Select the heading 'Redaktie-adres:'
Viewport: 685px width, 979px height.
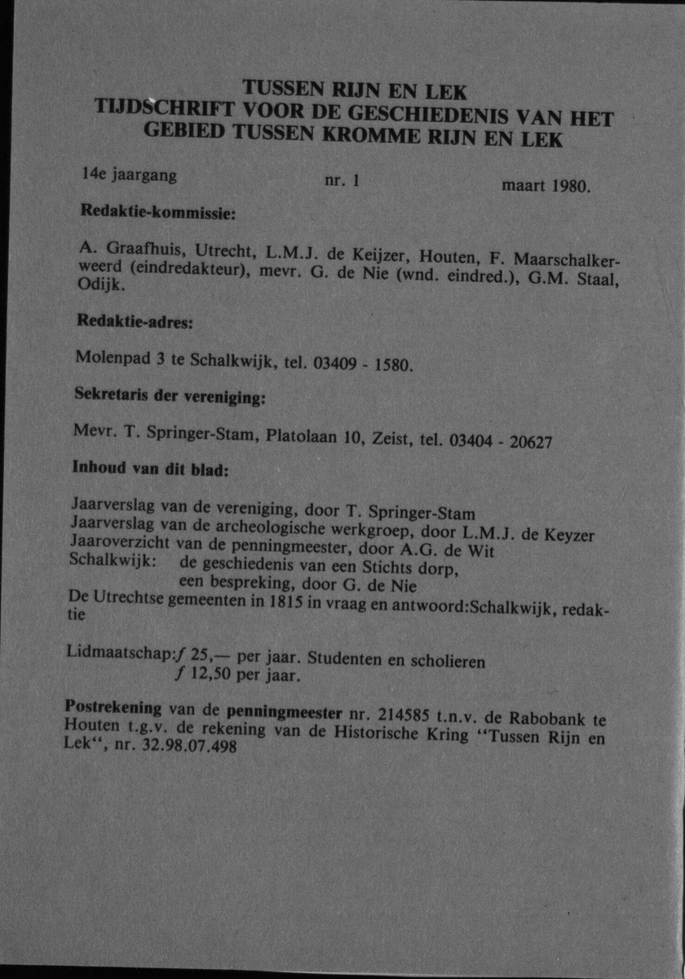pyautogui.click(x=134, y=323)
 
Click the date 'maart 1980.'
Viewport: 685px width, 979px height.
pyautogui.click(x=546, y=187)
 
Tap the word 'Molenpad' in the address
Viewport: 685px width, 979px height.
pyautogui.click(x=104, y=357)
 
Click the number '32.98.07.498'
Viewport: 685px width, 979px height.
pyautogui.click(x=196, y=748)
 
